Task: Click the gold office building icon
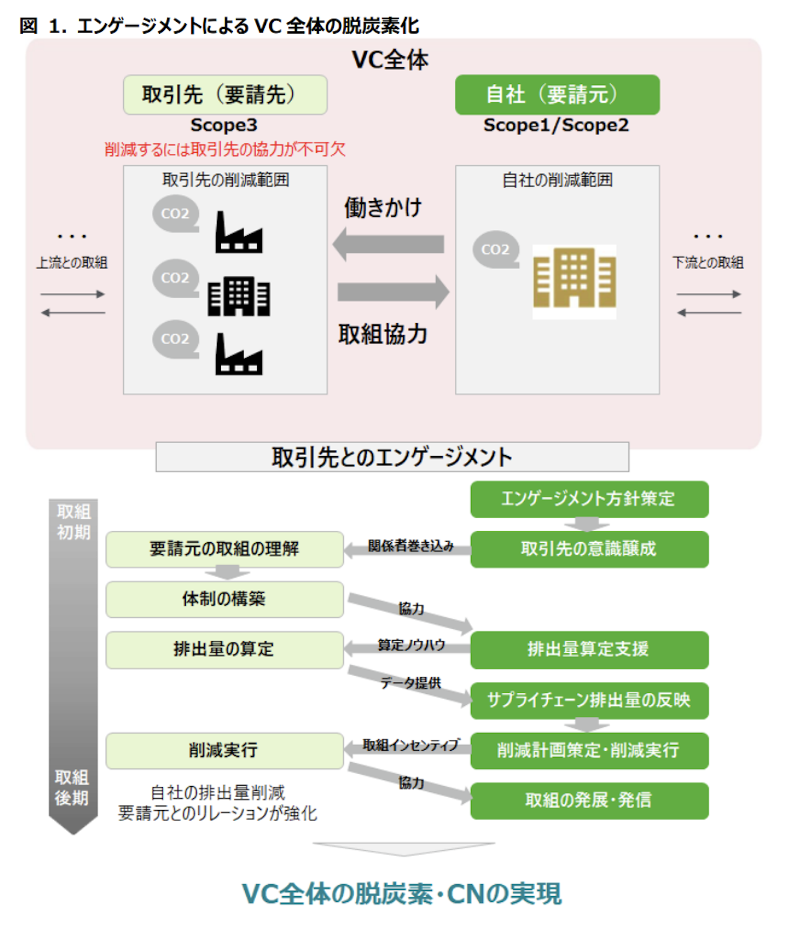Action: coord(574,279)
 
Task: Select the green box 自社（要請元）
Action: coord(557,95)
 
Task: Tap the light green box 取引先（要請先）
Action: coord(225,95)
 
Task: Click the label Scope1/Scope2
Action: coord(556,125)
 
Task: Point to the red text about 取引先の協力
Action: coord(225,149)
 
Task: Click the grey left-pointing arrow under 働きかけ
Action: coord(389,244)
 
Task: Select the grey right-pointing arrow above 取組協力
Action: coord(393,292)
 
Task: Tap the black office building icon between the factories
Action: coord(238,296)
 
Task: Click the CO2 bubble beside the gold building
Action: coord(495,249)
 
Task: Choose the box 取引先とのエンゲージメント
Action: coord(392,457)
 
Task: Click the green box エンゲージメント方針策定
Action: coord(589,499)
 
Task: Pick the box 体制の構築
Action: coord(224,599)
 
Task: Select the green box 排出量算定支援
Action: coord(589,649)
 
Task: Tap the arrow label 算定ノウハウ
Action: coord(411,645)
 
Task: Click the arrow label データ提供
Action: coord(411,682)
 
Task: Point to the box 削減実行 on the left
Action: coord(224,750)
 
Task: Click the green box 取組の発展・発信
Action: coord(589,800)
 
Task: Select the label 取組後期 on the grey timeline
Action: coord(72,787)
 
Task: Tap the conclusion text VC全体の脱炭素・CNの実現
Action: coord(402,893)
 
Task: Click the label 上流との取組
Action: coord(72,262)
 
